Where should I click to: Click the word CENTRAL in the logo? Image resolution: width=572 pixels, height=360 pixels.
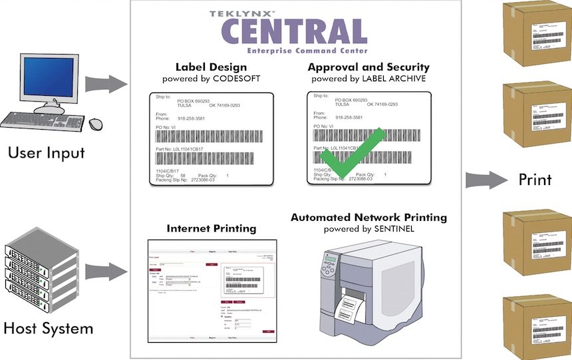[x=294, y=32]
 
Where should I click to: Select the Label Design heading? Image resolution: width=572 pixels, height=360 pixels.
[x=211, y=67]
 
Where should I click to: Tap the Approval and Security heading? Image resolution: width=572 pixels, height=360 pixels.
[x=368, y=67]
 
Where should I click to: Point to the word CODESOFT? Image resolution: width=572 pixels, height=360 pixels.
[x=235, y=79]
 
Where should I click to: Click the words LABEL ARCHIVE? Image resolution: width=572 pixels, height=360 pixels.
[x=394, y=79]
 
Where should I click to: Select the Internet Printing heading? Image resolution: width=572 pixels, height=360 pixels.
[x=212, y=228]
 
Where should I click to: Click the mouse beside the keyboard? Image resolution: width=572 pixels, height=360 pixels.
[x=96, y=123]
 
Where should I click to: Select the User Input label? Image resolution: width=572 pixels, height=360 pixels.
[x=47, y=152]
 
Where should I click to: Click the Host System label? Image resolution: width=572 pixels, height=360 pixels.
[x=48, y=328]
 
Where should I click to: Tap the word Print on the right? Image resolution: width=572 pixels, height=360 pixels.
[x=535, y=180]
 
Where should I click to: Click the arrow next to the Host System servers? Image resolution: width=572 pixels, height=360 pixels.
[x=106, y=271]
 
